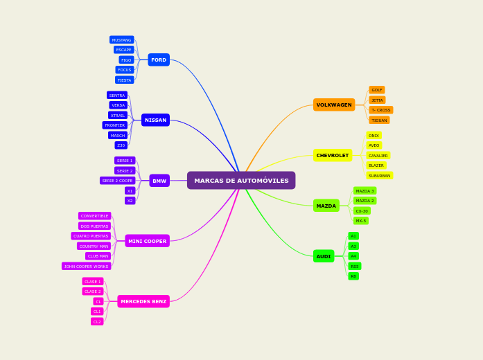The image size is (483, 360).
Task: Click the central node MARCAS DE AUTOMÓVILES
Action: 241,181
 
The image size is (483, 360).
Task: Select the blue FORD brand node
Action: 159,60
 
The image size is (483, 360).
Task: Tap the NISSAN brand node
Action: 155,120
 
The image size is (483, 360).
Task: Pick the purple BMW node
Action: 159,181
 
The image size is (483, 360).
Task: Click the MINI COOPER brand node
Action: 147,241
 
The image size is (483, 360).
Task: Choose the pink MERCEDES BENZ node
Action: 143,301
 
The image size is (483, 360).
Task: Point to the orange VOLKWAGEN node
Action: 334,105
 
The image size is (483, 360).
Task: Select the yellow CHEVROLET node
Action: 333,156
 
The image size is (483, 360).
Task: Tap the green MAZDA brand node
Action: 326,206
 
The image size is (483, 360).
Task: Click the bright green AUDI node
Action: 324,256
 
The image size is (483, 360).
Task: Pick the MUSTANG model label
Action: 122,40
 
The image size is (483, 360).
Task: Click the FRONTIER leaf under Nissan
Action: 115,125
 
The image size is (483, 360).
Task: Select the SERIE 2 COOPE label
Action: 118,181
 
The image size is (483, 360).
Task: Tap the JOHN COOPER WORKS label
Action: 87,267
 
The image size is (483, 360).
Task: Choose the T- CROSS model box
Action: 380,110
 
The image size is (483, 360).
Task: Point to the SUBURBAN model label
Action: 379,176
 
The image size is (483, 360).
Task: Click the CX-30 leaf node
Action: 362,211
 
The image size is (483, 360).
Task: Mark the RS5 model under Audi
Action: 355,267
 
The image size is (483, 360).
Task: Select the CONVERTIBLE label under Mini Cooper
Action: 95,216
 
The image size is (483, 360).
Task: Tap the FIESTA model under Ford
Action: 125,80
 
